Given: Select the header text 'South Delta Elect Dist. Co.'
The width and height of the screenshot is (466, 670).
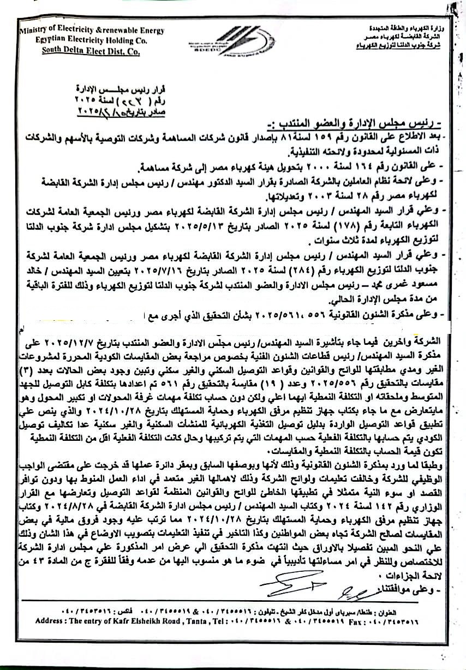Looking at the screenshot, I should pos(92,52).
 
